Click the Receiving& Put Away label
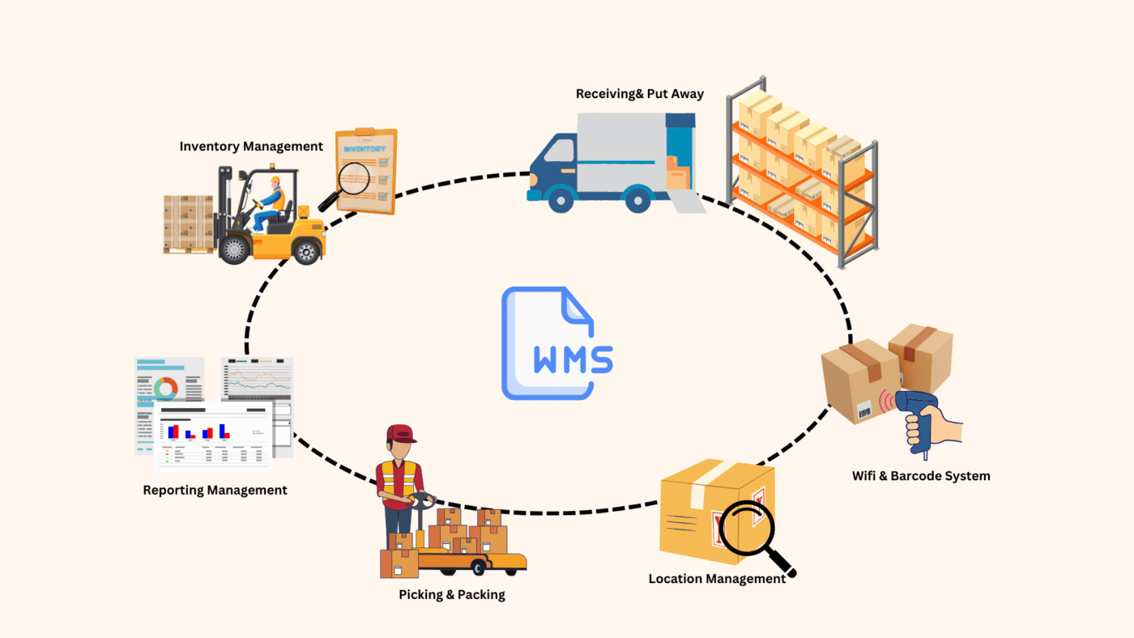(x=639, y=94)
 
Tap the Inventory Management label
(x=251, y=147)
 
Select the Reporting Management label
(x=215, y=490)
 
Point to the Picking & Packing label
(x=451, y=594)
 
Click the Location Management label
(x=717, y=579)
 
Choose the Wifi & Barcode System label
(x=921, y=476)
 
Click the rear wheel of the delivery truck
(x=639, y=198)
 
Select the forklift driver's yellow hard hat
(x=275, y=180)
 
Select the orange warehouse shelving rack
(x=802, y=174)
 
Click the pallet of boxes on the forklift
(x=189, y=223)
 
